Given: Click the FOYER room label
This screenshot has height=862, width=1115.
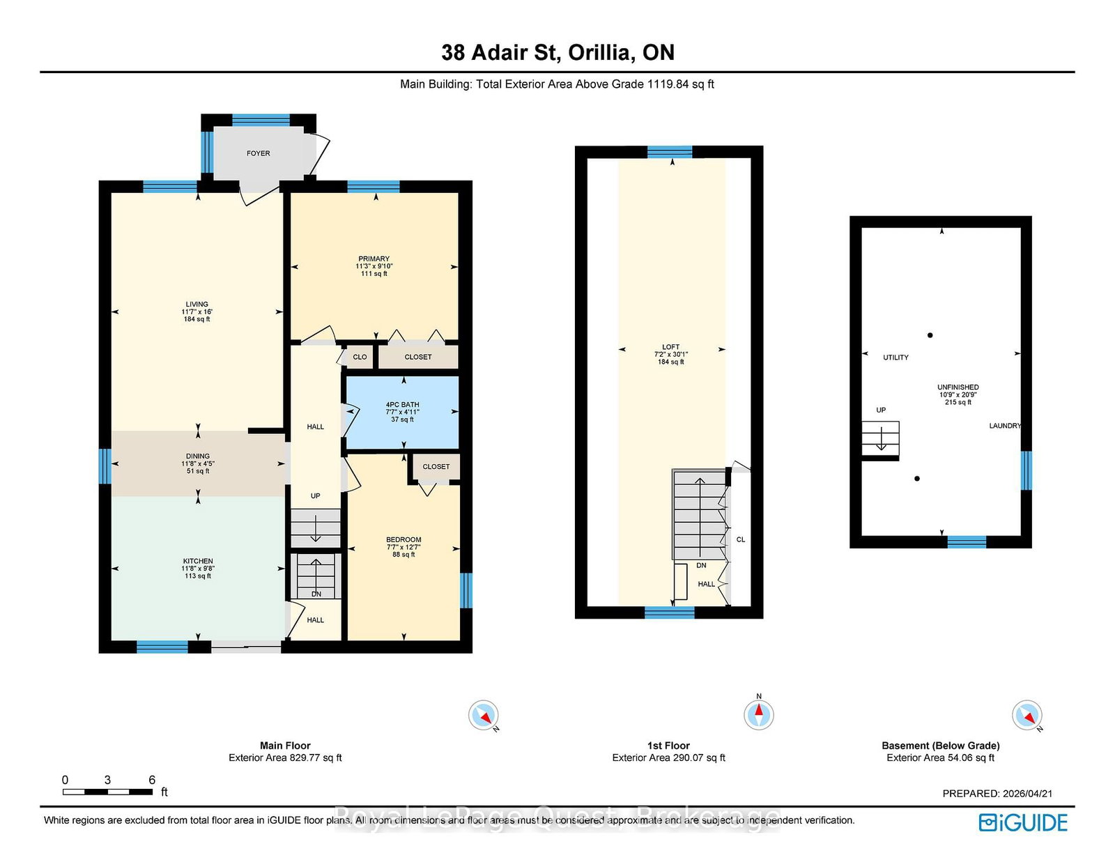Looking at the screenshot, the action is (x=258, y=153).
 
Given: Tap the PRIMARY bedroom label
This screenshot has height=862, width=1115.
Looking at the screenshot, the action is (x=374, y=259).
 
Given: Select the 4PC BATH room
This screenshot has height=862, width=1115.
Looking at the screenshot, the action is (x=402, y=413).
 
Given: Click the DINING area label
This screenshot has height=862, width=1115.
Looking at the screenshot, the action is (x=198, y=456).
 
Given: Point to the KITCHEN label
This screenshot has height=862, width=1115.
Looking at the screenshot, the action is (x=198, y=562).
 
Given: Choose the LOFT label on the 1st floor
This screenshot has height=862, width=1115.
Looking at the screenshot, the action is (x=670, y=347).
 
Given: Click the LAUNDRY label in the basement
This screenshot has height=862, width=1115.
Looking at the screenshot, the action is (x=1005, y=426).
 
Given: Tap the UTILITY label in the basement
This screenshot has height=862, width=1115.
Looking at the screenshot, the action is (x=896, y=357).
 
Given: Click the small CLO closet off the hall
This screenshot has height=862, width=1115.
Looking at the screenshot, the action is (x=360, y=357).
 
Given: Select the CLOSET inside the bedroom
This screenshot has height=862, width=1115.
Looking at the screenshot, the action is (x=436, y=467).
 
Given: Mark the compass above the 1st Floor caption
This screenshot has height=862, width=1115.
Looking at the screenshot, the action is (x=759, y=714).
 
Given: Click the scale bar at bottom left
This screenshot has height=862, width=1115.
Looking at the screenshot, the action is (x=108, y=792).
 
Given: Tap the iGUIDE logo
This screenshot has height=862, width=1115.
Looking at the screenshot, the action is (x=1023, y=822).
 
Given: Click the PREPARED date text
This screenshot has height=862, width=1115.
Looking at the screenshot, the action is (x=997, y=794).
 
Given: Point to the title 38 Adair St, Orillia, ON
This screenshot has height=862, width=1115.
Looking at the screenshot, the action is (x=557, y=52).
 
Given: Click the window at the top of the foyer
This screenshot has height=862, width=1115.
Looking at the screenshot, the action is (x=261, y=120).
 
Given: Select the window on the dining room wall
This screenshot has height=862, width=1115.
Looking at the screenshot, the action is (x=105, y=466).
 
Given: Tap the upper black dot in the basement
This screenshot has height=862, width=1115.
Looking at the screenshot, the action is (x=930, y=336).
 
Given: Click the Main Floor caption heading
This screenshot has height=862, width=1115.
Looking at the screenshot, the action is (x=285, y=746).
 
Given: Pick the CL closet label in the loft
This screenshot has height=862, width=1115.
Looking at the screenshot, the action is (x=740, y=540).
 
